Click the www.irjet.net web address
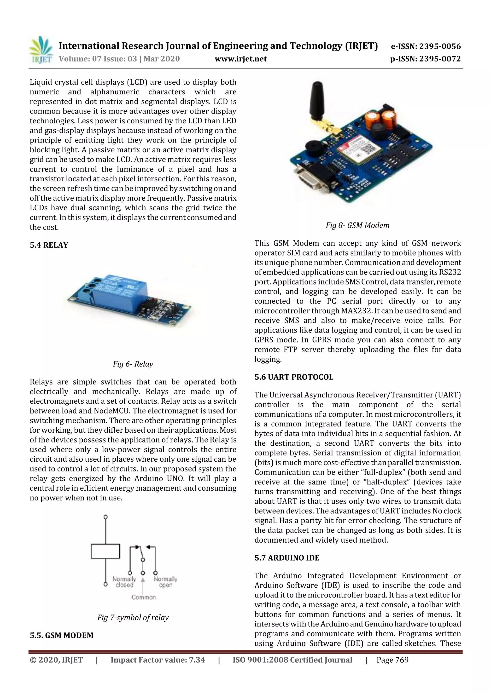[240, 59]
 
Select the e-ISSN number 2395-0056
[425, 46]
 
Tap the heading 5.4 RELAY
[49, 245]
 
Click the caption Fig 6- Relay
[133, 364]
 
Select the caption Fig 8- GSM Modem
[357, 225]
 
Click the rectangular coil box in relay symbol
[105, 551]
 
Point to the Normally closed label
[124, 582]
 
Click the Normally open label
[165, 582]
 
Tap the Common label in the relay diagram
[144, 597]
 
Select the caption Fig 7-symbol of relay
[133, 618]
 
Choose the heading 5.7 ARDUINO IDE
[286, 558]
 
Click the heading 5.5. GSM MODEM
[61, 635]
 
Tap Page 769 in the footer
[392, 660]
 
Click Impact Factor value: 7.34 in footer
[158, 660]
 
